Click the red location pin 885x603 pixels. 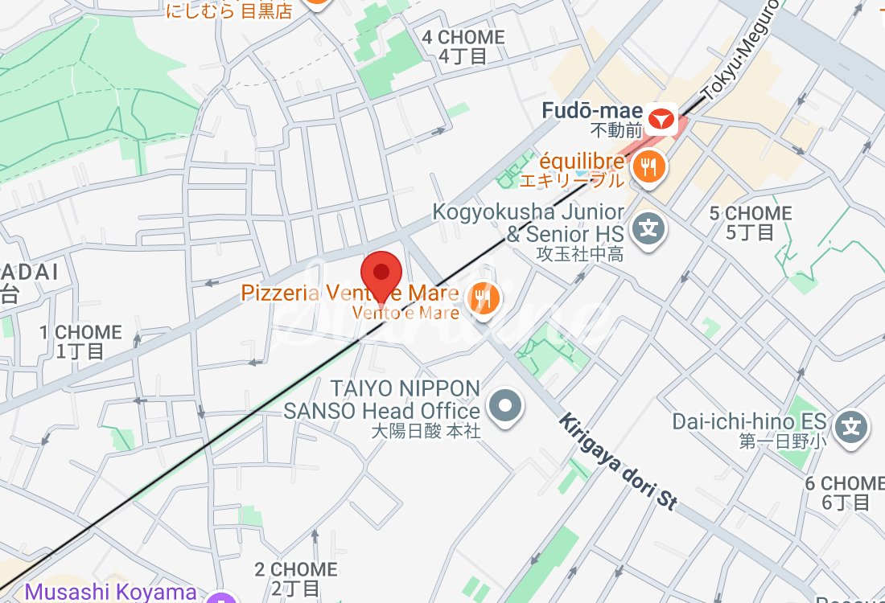pyautogui.click(x=381, y=275)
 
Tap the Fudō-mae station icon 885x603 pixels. pyautogui.click(x=661, y=120)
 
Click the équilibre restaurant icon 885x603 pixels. pyautogui.click(x=648, y=167)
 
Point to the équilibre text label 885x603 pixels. pyautogui.click(x=571, y=161)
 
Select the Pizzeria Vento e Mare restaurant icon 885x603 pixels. pyautogui.click(x=484, y=299)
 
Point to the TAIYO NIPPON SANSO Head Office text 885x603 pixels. pyautogui.click(x=382, y=400)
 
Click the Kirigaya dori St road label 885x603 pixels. pyautogui.click(x=618, y=461)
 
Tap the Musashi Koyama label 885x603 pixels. pyautogui.click(x=110, y=593)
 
